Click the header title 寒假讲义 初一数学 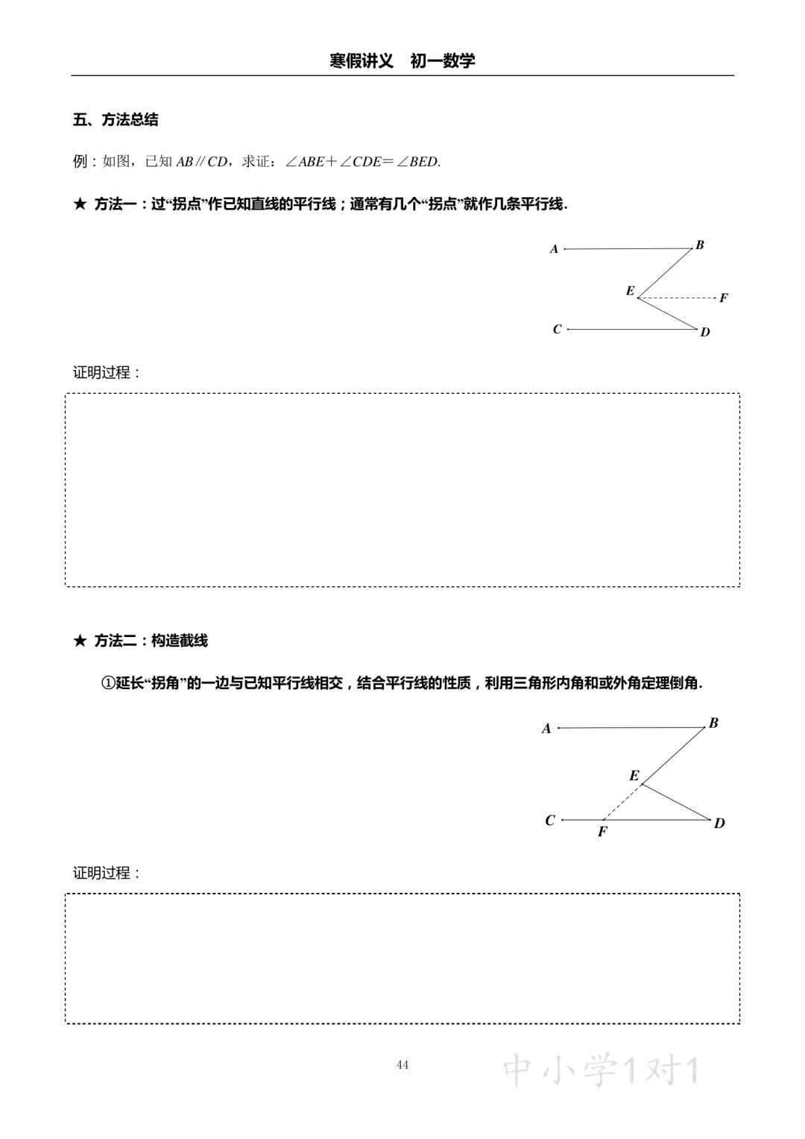(402, 61)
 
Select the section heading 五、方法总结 (116, 119)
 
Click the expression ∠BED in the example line (418, 161)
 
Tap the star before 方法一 (80, 204)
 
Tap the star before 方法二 (80, 641)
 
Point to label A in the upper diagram (554, 249)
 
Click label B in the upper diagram (700, 245)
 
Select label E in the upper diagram (630, 291)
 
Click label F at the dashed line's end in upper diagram (723, 298)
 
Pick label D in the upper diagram (705, 332)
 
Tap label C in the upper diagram (557, 329)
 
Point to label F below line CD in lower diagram (602, 832)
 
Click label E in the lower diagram (634, 776)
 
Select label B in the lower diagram (713, 723)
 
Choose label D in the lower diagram (719, 823)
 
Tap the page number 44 (402, 1064)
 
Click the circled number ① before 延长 (108, 683)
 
